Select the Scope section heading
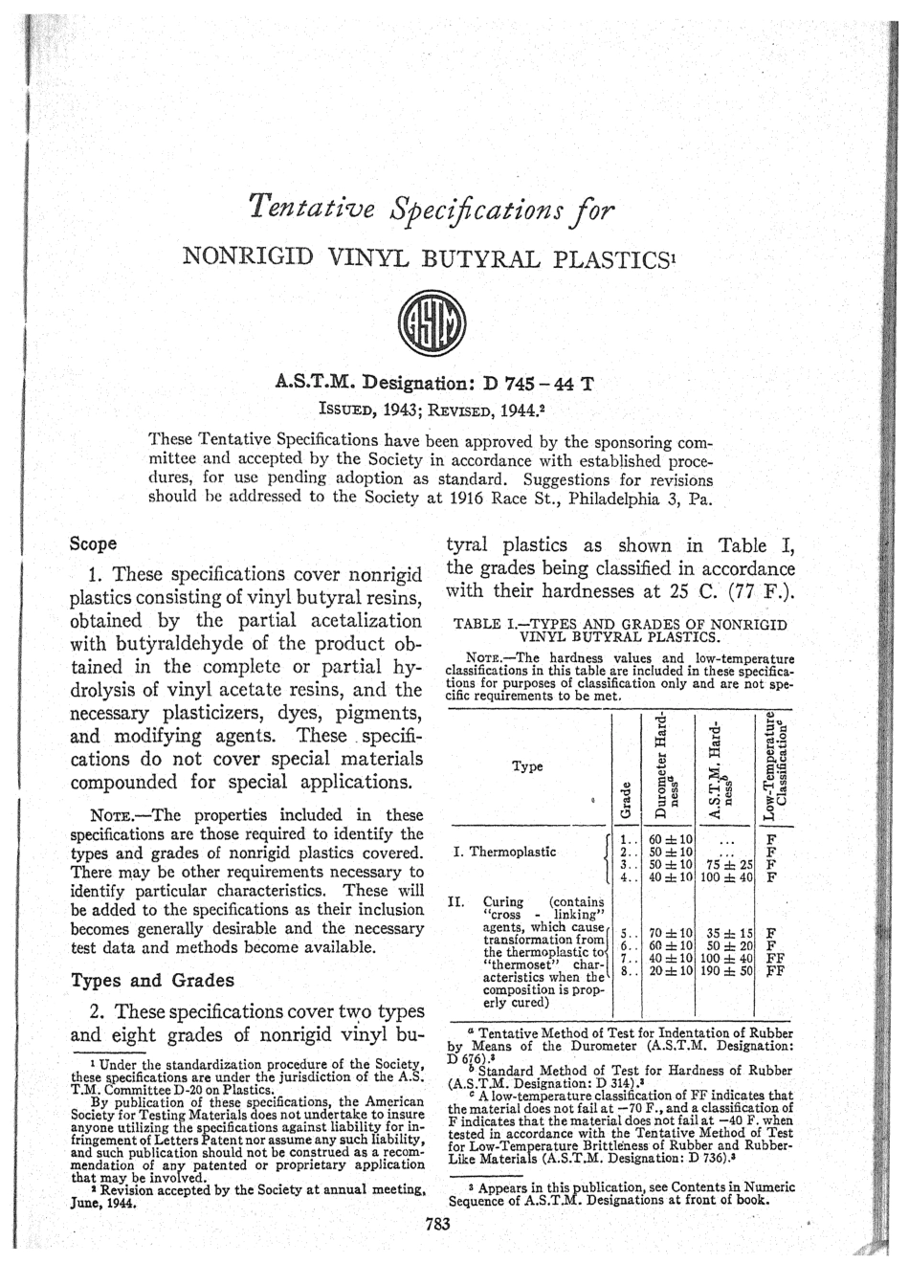point(94,543)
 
